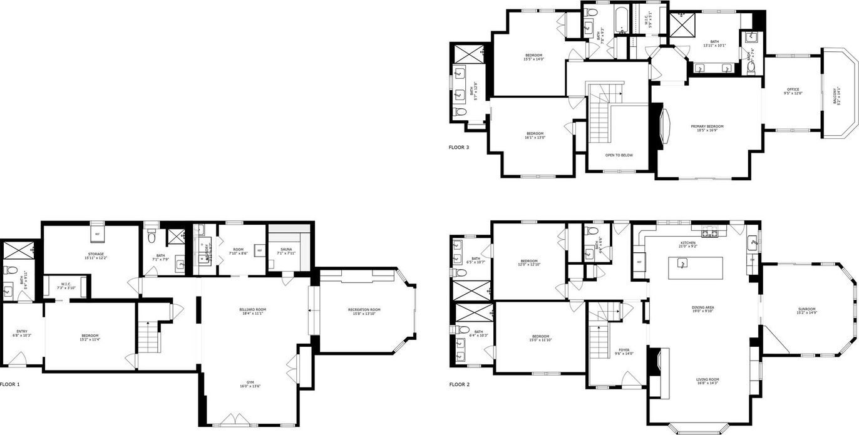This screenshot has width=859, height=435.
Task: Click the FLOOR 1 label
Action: tap(10, 384)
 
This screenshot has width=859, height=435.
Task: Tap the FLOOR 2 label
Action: tap(459, 384)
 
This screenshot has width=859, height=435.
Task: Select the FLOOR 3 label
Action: tap(459, 148)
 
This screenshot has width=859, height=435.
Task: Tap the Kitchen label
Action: tap(688, 244)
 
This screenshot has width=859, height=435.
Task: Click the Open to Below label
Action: tap(619, 155)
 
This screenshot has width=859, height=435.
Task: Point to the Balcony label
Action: tap(837, 96)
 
